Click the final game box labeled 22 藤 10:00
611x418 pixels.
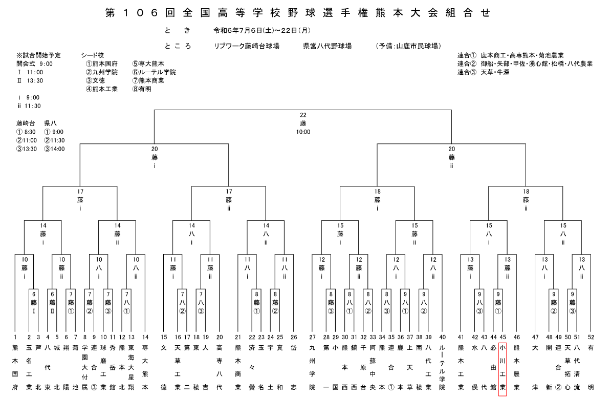pos(303,123)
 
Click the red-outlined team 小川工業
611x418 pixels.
pos(503,368)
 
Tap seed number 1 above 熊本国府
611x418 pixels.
pos(15,337)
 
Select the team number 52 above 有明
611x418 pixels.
pos(591,337)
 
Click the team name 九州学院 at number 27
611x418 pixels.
pos(312,368)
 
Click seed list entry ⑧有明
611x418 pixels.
pos(142,89)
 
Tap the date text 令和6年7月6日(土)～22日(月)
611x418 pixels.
pos(262,30)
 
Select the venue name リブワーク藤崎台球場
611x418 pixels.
pos(246,46)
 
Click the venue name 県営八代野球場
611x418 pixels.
pos(328,46)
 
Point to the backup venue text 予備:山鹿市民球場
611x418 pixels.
pos(409,46)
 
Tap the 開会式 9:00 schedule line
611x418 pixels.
pos(34,64)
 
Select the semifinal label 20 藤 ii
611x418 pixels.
pos(452,157)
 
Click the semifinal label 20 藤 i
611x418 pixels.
pos(155,157)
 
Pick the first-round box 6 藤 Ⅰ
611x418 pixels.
pos(33,303)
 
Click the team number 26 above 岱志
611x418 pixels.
pos(294,337)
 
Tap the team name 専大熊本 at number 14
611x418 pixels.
pos(145,368)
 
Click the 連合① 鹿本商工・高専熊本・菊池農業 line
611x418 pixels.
pos(511,55)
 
